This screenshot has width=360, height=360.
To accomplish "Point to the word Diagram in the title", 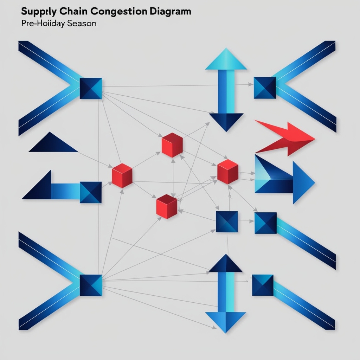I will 169,11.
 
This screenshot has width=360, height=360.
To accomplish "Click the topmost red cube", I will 172,145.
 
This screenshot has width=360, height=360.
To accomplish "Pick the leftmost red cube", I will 122,175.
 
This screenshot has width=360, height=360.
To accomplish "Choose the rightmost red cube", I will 228,172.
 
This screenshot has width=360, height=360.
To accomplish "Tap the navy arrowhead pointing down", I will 226,121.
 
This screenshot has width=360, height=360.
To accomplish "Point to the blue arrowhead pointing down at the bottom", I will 225,321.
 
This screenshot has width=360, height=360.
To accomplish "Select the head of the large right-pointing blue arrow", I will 303,182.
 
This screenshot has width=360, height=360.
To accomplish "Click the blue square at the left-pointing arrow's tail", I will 91,192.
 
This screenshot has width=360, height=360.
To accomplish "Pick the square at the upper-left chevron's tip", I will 91,88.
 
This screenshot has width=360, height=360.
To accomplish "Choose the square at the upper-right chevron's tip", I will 265,88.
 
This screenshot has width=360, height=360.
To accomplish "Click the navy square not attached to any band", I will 227,221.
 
